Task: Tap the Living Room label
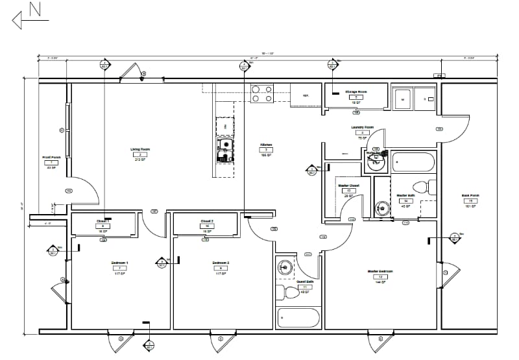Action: click(x=140, y=150)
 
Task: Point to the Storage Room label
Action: click(x=356, y=92)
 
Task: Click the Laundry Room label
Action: click(x=362, y=128)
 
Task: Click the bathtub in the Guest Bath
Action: click(x=298, y=318)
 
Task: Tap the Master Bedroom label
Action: click(x=381, y=271)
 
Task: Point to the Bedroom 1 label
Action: click(x=119, y=263)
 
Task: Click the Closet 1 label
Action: click(x=103, y=221)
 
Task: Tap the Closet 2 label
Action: click(x=207, y=221)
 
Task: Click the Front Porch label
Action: click(x=51, y=157)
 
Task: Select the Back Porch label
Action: click(x=470, y=195)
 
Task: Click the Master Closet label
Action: click(x=348, y=186)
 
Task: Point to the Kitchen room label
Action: click(x=265, y=145)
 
